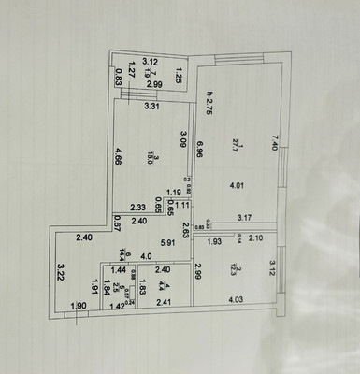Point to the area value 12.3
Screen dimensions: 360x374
click(238, 269)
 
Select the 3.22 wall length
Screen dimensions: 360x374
click(60, 275)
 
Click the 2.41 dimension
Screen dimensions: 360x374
click(165, 302)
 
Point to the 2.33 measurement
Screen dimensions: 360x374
click(137, 208)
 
